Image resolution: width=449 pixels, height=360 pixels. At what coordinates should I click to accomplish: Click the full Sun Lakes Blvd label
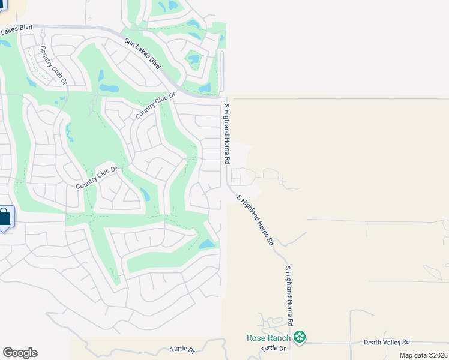tap(143, 53)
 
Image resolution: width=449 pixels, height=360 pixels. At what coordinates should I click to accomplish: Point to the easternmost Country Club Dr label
tap(155, 106)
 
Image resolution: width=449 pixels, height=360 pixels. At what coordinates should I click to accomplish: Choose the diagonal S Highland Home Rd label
tap(255, 220)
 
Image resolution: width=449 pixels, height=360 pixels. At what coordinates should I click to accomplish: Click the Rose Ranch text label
tap(269, 338)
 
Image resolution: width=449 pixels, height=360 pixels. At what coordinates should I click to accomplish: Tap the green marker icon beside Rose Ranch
tap(300, 338)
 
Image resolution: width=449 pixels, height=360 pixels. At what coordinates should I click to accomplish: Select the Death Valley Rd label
tap(387, 342)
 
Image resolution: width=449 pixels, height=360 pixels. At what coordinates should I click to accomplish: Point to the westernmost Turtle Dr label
tap(182, 349)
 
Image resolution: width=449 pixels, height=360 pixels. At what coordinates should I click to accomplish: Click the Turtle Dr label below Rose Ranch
tap(274, 349)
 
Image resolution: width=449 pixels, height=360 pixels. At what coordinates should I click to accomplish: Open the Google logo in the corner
tap(20, 353)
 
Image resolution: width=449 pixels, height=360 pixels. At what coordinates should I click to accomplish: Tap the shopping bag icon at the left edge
tap(4, 217)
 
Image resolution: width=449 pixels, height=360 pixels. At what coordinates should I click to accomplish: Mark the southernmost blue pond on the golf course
tap(206, 244)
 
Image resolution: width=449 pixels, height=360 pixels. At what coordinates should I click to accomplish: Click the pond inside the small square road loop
tap(193, 59)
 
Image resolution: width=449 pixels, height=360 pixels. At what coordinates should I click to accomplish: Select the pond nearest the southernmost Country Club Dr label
tap(145, 194)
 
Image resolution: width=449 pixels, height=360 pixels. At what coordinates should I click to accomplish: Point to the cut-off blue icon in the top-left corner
tap(2, 4)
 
